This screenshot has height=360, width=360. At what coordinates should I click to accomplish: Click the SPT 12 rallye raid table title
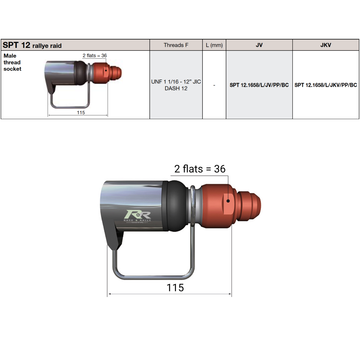32,45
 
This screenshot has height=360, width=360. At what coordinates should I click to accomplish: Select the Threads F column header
176,45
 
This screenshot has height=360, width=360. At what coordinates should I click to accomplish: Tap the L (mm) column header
214,45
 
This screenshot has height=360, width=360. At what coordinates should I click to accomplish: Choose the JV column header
259,45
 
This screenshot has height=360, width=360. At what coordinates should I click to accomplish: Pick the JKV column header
325,45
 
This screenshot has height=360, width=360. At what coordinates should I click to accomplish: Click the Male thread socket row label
12,62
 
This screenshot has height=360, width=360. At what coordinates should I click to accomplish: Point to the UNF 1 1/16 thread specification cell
176,85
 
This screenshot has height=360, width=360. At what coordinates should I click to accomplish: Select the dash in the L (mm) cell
214,85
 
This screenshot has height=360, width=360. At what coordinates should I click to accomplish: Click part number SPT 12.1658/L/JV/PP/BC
259,85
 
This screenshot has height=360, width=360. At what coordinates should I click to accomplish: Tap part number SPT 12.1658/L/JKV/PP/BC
326,85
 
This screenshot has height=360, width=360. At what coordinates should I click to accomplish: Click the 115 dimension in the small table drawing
81,112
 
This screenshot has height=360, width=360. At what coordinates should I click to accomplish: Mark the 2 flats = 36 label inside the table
95,55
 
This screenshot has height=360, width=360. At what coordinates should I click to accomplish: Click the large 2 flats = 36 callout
200,169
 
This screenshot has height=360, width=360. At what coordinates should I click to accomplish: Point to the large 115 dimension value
175,288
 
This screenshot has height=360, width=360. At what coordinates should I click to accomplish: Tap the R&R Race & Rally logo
140,216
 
